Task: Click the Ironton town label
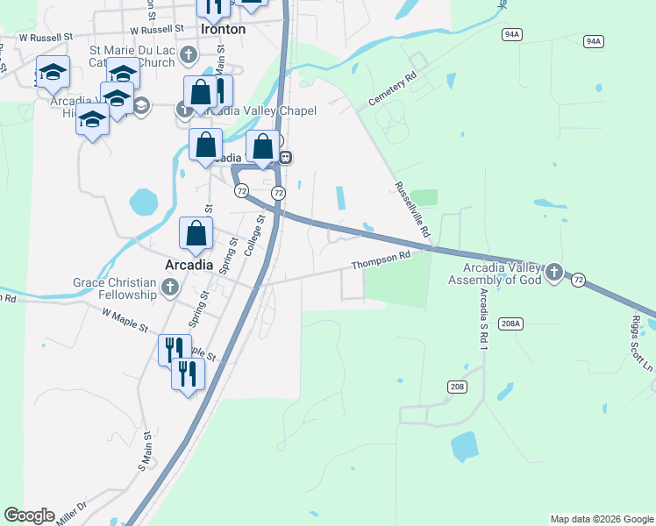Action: [x=223, y=29]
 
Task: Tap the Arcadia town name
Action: [x=189, y=264]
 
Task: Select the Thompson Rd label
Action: [x=381, y=259]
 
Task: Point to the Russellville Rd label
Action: [x=412, y=210]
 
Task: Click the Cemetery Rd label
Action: [x=390, y=90]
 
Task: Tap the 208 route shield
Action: [x=457, y=387]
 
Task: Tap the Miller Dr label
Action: [x=70, y=512]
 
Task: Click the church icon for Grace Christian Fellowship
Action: [x=170, y=287]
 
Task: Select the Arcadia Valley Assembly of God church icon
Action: [x=553, y=274]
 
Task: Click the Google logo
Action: [x=29, y=515]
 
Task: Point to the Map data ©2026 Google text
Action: [x=601, y=519]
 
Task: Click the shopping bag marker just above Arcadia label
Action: [x=196, y=233]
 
